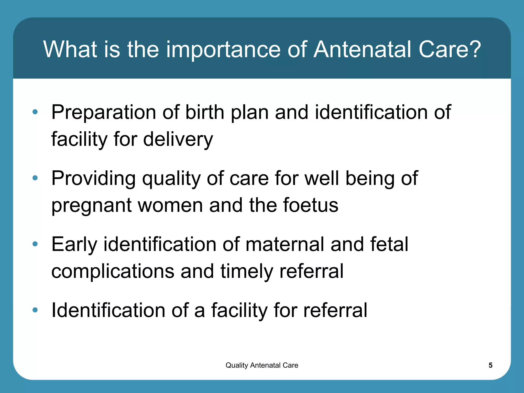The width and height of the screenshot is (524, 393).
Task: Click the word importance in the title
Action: click(x=223, y=50)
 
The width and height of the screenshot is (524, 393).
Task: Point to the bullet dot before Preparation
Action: click(x=35, y=112)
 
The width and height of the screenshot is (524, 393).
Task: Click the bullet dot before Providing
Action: click(x=35, y=178)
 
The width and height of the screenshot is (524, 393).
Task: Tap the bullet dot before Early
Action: click(x=35, y=244)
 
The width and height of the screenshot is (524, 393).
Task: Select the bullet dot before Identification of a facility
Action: click(x=35, y=310)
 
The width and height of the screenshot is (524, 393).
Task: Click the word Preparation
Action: click(x=104, y=113)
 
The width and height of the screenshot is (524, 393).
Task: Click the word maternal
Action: click(x=285, y=244)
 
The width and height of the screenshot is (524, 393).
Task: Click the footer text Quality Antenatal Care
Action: click(x=262, y=365)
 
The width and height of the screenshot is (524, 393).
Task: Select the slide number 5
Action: click(x=490, y=365)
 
